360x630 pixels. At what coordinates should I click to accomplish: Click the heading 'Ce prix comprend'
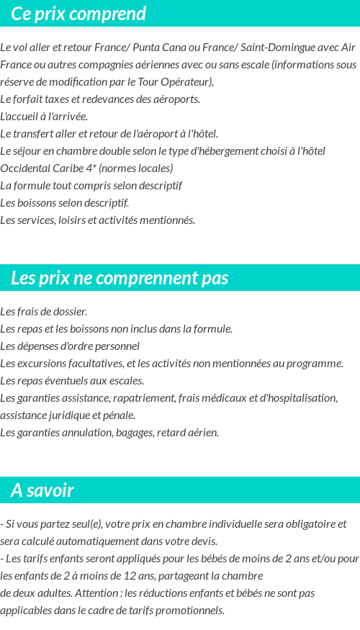pos(78,14)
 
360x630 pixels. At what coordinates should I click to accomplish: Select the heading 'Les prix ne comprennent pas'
pos(120,278)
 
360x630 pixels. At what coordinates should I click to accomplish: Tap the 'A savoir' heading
pos(42,491)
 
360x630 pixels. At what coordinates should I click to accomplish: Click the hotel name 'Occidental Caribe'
pos(40,168)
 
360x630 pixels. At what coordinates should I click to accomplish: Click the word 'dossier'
pos(69,312)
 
